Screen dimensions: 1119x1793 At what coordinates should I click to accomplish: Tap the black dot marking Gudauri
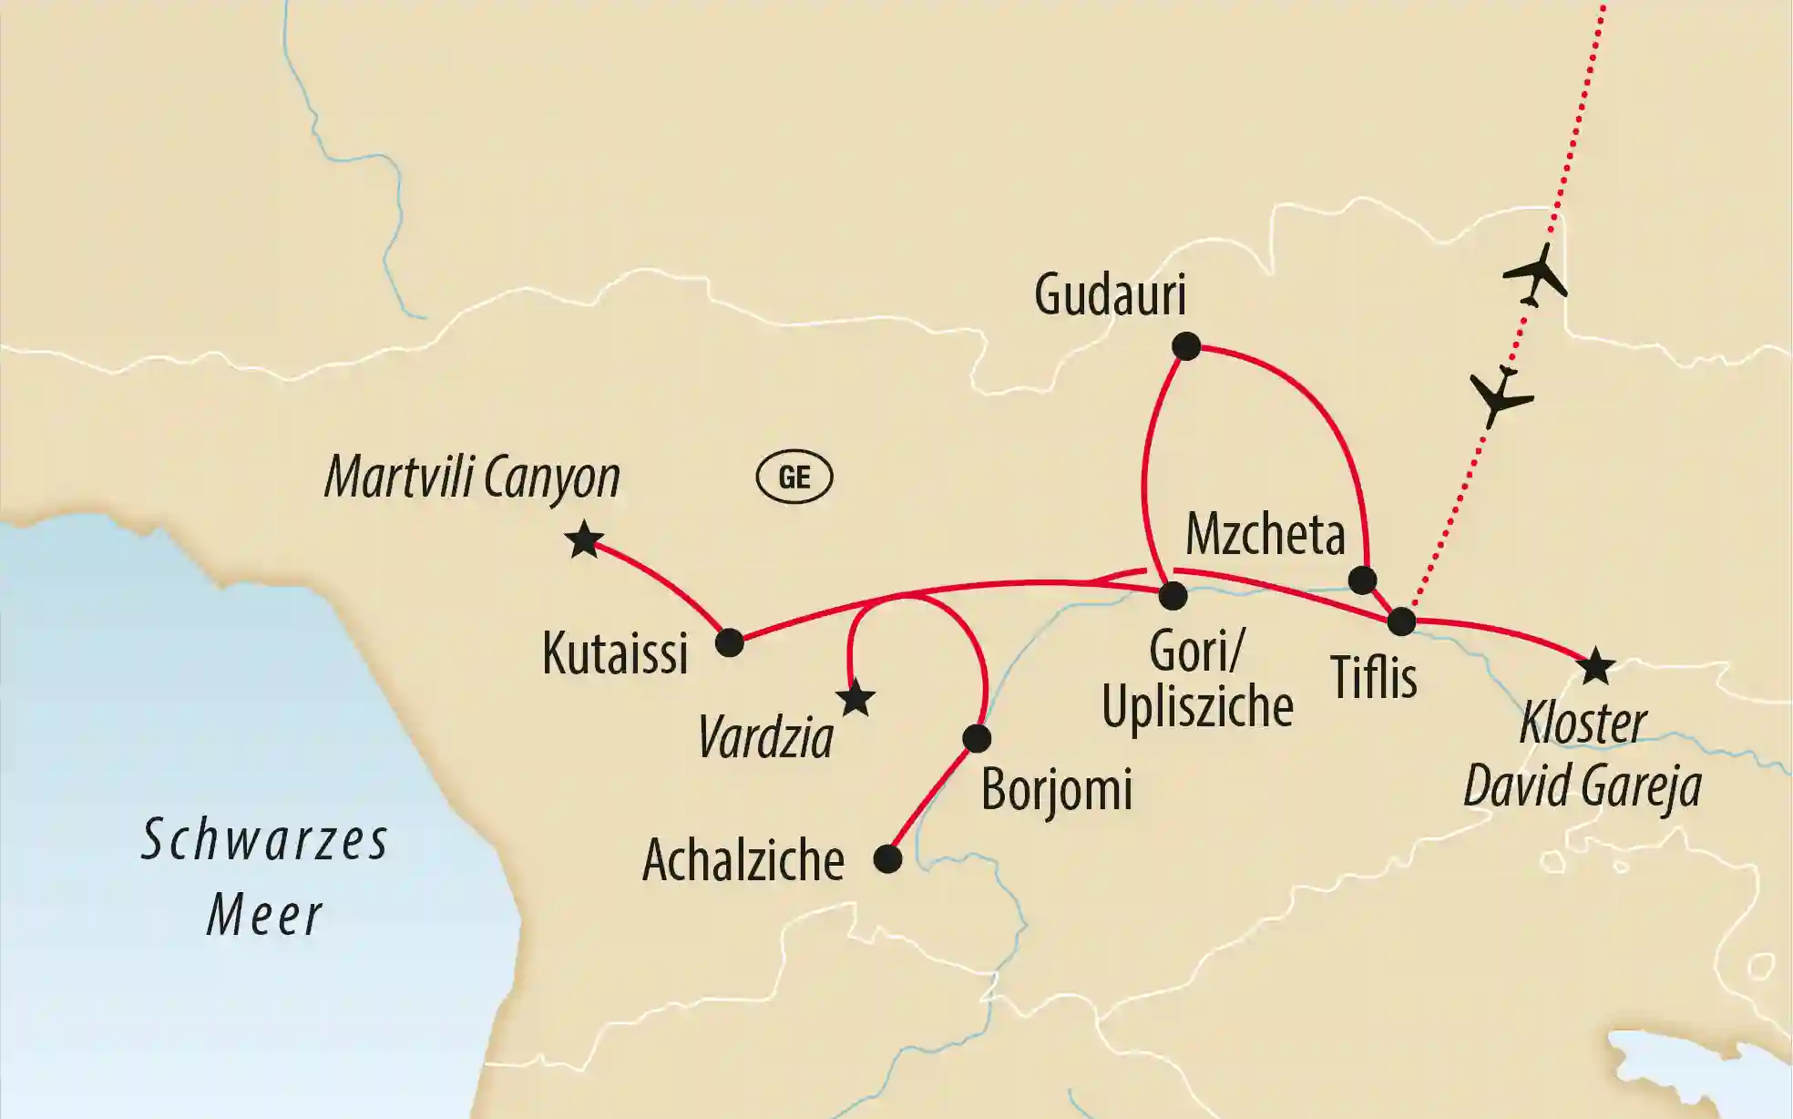tap(1186, 346)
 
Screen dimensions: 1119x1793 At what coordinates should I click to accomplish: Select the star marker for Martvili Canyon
tap(583, 541)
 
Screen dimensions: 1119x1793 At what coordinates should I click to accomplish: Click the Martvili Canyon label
tap(472, 477)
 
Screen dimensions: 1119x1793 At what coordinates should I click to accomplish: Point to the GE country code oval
tap(794, 477)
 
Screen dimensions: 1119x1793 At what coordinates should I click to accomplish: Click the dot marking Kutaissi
tap(730, 643)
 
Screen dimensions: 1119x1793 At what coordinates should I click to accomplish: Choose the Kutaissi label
tap(615, 653)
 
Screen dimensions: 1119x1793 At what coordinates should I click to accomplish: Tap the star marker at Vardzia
tap(856, 700)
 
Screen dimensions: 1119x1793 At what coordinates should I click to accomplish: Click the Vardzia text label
tap(765, 738)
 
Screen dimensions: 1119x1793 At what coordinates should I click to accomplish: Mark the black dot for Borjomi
tap(977, 738)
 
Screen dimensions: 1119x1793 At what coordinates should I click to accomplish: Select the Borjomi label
tap(1057, 789)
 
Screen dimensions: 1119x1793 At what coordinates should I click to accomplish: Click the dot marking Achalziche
tap(887, 859)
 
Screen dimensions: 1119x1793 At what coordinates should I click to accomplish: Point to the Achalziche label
tap(743, 860)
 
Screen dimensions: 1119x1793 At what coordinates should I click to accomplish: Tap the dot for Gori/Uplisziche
tap(1173, 596)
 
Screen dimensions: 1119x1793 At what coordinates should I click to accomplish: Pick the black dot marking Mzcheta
tap(1362, 580)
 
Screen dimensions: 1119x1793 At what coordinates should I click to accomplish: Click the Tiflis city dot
tap(1401, 622)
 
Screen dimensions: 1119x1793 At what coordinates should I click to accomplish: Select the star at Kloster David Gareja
tap(1595, 667)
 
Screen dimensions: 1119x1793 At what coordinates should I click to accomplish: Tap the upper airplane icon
tap(1538, 273)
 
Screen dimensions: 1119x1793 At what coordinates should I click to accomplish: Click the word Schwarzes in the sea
tap(265, 840)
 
